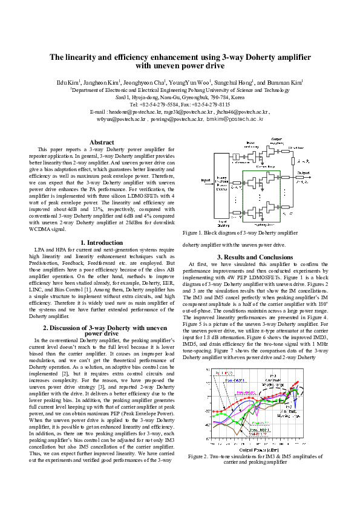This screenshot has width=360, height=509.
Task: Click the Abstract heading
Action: coord(102,142)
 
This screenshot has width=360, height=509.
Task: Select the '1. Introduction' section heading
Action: coord(102,242)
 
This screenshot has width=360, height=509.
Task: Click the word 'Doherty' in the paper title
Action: coord(257,56)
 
